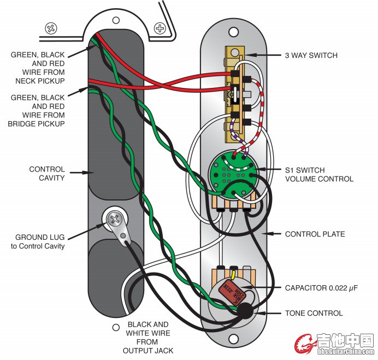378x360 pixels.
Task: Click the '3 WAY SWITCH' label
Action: coord(311,55)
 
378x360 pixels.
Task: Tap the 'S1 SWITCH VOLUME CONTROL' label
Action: coord(319,174)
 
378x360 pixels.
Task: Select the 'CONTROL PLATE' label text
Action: coord(315,234)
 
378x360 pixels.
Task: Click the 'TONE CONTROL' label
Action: coord(314,313)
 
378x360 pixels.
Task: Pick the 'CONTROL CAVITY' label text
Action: coord(47,174)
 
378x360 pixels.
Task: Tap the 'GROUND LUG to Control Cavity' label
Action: coord(40,241)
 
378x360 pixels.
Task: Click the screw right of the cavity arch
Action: coord(160,27)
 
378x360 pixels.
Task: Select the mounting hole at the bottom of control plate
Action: coord(234,339)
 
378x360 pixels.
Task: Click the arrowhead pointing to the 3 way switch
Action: coord(249,55)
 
